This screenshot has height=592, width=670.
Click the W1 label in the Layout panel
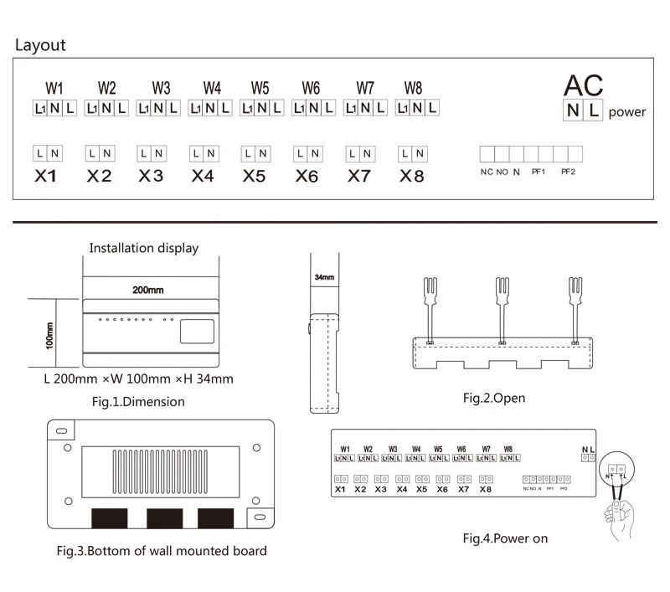click(x=54, y=88)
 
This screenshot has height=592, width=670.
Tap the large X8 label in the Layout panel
click(x=412, y=176)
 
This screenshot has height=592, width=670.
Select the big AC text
click(x=583, y=85)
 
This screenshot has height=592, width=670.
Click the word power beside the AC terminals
click(x=627, y=112)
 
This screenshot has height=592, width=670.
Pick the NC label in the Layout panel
click(x=487, y=172)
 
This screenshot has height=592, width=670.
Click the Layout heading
click(x=40, y=45)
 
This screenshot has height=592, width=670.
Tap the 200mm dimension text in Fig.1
click(x=147, y=290)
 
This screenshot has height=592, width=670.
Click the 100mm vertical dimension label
click(x=49, y=335)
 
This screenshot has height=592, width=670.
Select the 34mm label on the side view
click(x=324, y=276)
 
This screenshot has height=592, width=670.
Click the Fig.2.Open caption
click(x=494, y=398)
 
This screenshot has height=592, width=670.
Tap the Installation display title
click(x=144, y=248)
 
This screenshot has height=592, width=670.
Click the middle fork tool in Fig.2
click(x=502, y=301)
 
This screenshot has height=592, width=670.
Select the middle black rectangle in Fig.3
click(x=164, y=517)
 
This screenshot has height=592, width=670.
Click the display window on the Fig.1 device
click(x=197, y=332)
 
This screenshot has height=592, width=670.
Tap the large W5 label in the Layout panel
click(x=260, y=88)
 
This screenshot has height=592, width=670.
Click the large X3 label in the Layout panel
click(x=151, y=176)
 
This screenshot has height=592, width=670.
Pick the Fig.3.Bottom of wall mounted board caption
click(x=162, y=551)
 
